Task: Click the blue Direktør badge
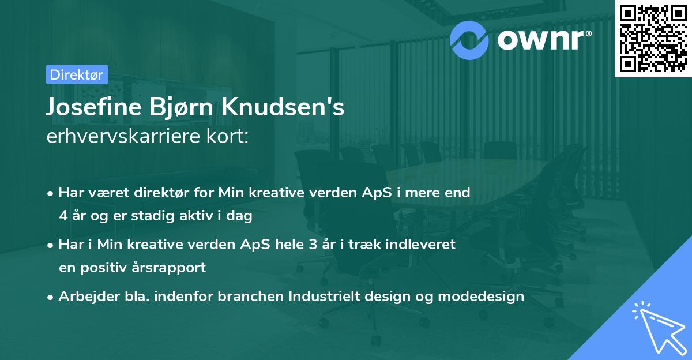tap(77, 74)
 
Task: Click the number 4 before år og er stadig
tap(63, 216)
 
